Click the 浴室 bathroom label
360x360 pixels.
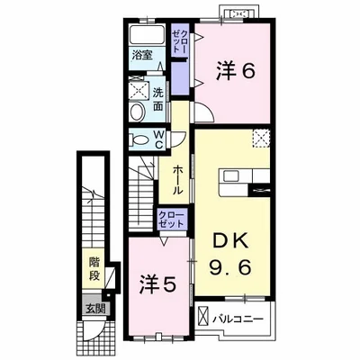click(x=142, y=55)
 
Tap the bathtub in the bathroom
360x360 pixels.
click(x=147, y=34)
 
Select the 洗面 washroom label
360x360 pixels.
click(x=158, y=99)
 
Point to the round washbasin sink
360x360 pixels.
click(x=138, y=112)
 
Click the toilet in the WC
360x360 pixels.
click(x=139, y=139)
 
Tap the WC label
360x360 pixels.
click(x=158, y=139)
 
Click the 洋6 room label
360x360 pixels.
click(x=236, y=71)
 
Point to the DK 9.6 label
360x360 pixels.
click(x=230, y=254)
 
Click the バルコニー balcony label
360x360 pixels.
click(x=238, y=319)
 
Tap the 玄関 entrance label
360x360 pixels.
click(x=94, y=309)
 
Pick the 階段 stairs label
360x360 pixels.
click(x=94, y=269)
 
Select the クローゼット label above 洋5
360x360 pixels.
click(x=171, y=220)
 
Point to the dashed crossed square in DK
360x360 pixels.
click(x=261, y=139)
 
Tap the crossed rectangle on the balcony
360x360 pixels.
click(x=202, y=316)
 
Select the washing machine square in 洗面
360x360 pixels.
click(x=139, y=90)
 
